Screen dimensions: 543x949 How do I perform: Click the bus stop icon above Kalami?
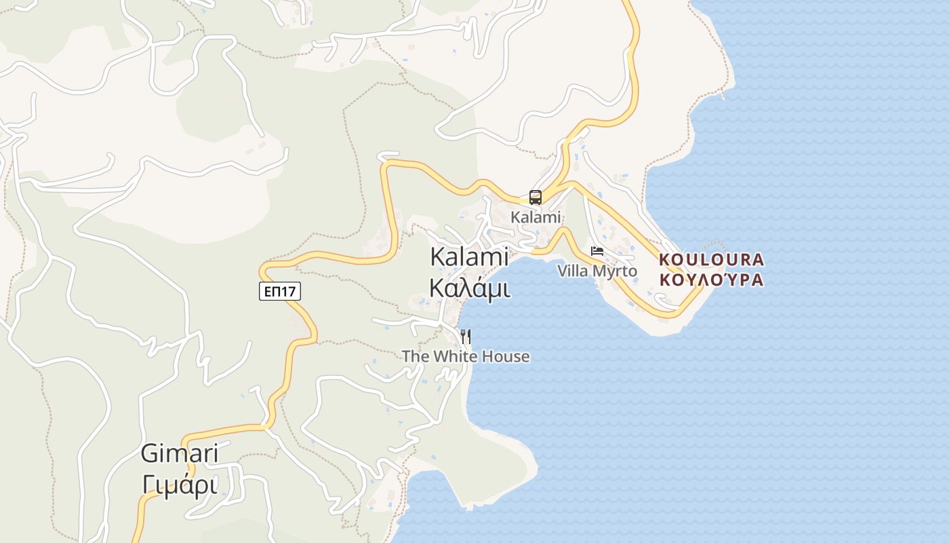[x=536, y=198]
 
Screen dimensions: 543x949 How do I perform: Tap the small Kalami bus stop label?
[x=536, y=217]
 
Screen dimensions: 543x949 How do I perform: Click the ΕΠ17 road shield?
[x=280, y=291]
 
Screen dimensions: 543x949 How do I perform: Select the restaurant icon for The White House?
[x=466, y=336]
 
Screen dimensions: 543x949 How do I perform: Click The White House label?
[x=466, y=356]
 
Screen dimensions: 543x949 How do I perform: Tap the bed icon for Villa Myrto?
[x=597, y=252]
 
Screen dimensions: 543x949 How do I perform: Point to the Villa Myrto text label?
[x=597, y=271]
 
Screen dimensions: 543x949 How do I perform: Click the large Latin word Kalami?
[x=469, y=257]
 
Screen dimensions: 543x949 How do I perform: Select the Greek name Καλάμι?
[x=469, y=288]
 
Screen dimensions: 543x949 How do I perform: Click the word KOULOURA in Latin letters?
[x=712, y=260]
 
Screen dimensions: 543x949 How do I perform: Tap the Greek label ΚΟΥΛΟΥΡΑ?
[x=712, y=280]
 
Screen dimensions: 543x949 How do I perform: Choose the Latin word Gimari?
[x=180, y=453]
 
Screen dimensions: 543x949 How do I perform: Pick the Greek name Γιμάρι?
[x=180, y=485]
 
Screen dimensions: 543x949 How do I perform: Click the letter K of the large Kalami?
[x=438, y=257]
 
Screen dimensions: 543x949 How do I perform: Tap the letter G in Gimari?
[x=150, y=453]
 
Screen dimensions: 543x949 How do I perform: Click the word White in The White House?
[x=453, y=356]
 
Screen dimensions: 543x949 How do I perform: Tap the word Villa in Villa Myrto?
[x=573, y=271]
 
